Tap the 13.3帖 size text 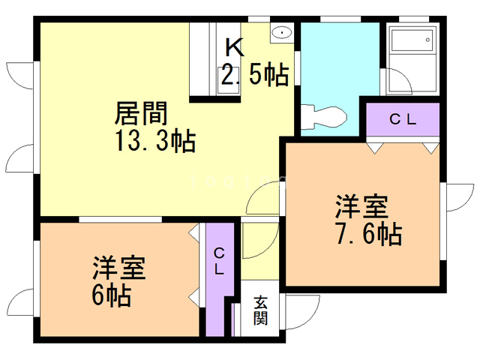(x=155, y=139)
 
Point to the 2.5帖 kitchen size (x=254, y=75)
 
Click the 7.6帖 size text (x=368, y=233)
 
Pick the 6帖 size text (x=112, y=295)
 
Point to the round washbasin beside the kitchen (x=280, y=32)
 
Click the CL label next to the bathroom (x=402, y=118)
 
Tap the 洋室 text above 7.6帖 (x=361, y=205)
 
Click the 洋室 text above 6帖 (x=118, y=268)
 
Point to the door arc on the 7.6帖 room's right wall (x=457, y=198)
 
